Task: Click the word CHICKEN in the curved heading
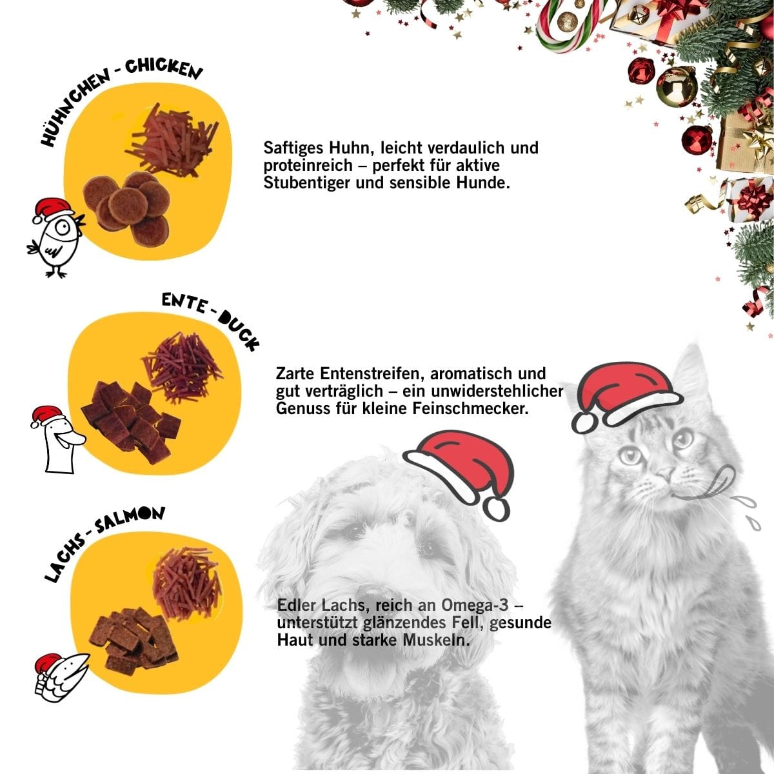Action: click(x=164, y=69)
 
